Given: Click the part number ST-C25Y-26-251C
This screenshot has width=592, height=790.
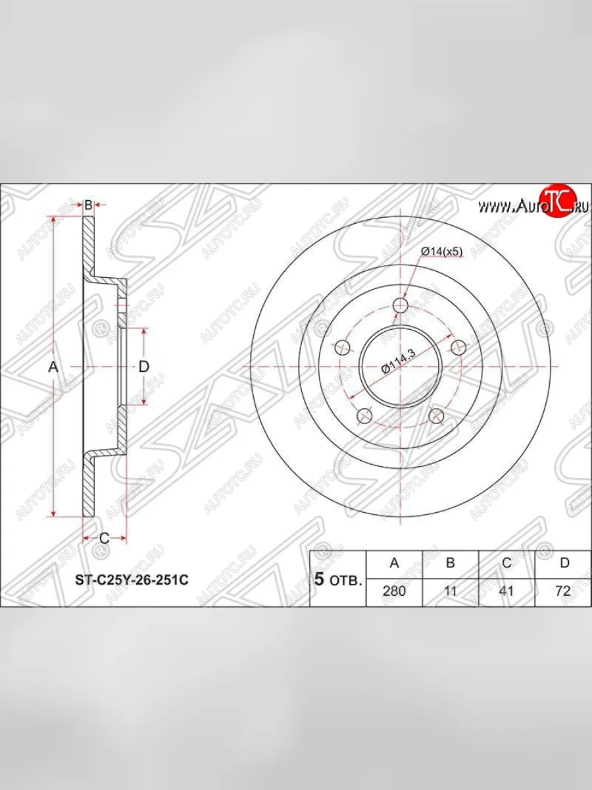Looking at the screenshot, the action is tap(132, 580).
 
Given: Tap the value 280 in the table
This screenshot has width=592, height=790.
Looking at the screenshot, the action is tap(394, 591).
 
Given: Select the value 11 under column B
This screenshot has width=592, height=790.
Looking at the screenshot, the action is tap(450, 591).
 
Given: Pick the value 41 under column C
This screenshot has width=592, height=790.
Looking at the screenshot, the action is tap(506, 591).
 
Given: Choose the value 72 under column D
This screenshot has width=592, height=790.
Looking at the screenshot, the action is tap(563, 591).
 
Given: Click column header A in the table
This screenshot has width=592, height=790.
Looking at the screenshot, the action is tap(394, 562).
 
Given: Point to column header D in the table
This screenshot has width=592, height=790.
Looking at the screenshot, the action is tap(564, 562).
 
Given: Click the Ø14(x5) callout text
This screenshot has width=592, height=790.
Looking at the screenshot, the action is tap(441, 251).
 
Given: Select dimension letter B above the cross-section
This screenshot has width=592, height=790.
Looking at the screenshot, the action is tap(88, 205).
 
